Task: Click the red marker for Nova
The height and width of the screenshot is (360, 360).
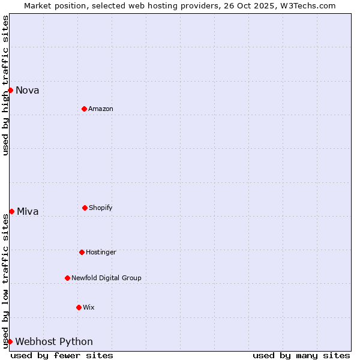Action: point(10,90)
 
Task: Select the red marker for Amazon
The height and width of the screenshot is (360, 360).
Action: point(84,109)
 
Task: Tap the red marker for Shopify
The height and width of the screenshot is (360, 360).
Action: point(85,208)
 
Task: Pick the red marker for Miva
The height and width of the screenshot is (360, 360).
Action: point(11,211)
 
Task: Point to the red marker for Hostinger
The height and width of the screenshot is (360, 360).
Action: point(82,252)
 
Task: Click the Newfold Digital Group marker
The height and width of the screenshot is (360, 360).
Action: point(67,278)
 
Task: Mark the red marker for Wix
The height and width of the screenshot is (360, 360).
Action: point(79,307)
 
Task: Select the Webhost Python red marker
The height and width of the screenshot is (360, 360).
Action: point(10,341)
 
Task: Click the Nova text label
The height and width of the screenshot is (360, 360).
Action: point(28,91)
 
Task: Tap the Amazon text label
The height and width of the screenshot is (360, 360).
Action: point(101,109)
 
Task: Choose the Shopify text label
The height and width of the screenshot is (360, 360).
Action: point(101,208)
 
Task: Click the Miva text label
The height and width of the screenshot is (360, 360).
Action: point(28,211)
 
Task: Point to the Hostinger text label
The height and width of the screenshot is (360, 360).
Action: point(101,252)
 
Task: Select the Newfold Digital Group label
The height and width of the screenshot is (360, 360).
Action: point(106,278)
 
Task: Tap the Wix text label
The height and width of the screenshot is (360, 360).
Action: point(89,307)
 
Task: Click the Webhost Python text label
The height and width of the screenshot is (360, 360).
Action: point(54,342)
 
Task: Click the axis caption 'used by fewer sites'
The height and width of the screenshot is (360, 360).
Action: point(62,355)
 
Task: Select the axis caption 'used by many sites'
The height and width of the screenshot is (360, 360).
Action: point(301,355)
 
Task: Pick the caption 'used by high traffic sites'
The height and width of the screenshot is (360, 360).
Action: point(5,85)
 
